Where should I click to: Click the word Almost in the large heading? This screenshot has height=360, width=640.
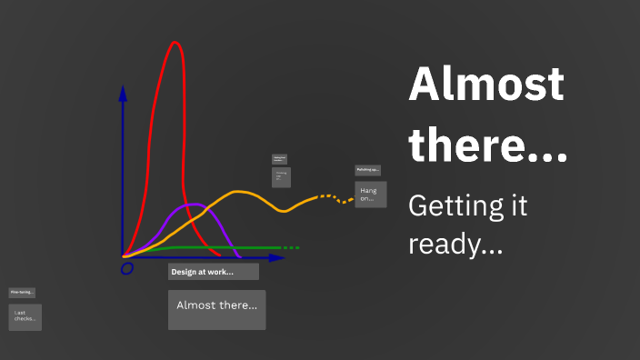pos(486,86)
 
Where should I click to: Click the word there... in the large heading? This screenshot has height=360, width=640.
pos(488,145)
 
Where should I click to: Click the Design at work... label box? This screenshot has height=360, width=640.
pos(213,272)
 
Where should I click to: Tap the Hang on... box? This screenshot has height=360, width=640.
pos(370,194)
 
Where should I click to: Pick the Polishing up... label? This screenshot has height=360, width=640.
pos(367,170)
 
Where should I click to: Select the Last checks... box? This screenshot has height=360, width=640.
pos(25,316)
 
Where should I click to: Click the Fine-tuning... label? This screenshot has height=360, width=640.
pos(22,293)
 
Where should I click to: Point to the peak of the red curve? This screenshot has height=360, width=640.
pos(175,43)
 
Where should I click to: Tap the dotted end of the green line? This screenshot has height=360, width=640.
pos(289,247)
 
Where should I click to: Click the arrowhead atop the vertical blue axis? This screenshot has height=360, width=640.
pos(123,93)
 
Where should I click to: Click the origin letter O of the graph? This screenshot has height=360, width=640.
pos(126,267)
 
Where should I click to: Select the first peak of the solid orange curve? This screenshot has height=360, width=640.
pos(239,192)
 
